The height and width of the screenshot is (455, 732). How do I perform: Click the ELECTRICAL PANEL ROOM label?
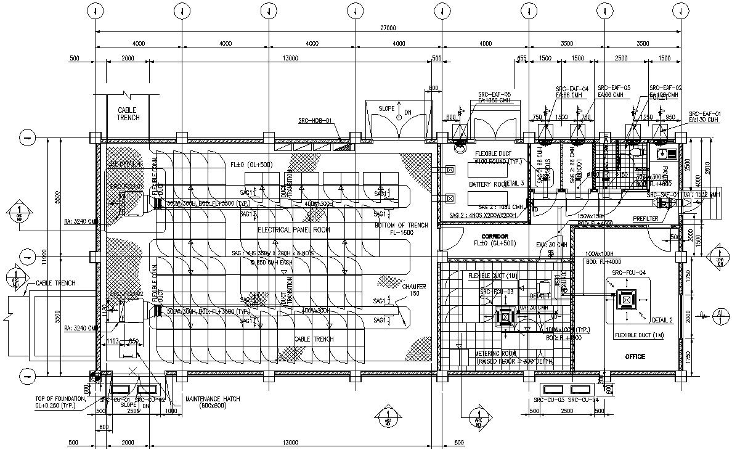tap(293, 230)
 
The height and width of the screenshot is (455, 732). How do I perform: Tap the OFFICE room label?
tap(635, 356)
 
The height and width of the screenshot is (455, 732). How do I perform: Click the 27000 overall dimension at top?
tap(388, 28)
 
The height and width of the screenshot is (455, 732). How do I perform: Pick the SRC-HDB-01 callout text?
tap(315, 121)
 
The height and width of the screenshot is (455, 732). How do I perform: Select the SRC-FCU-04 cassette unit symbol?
tap(627, 300)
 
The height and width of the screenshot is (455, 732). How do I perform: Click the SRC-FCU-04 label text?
tap(628, 273)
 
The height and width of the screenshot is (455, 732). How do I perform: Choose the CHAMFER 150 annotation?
tap(397, 290)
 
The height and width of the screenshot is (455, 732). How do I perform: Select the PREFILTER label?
tap(646, 219)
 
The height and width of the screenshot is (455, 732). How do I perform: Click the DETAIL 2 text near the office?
tap(662, 320)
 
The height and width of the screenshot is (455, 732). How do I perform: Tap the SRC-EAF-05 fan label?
tap(495, 94)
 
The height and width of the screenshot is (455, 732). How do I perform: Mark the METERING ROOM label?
tap(496, 353)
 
